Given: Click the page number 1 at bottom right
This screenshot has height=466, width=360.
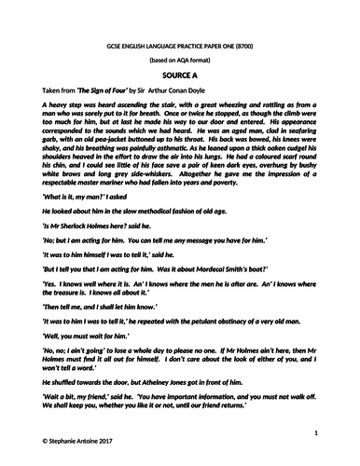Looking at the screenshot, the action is tap(318, 433).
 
